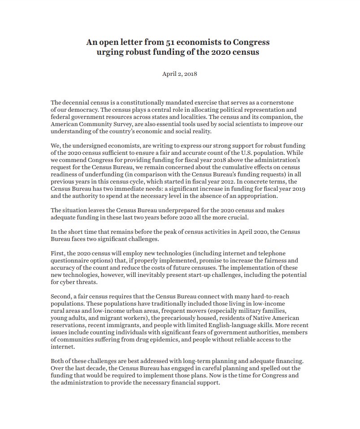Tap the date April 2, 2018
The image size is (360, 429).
(x=179, y=74)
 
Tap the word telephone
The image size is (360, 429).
(x=269, y=254)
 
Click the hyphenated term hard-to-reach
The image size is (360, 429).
(x=282, y=297)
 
